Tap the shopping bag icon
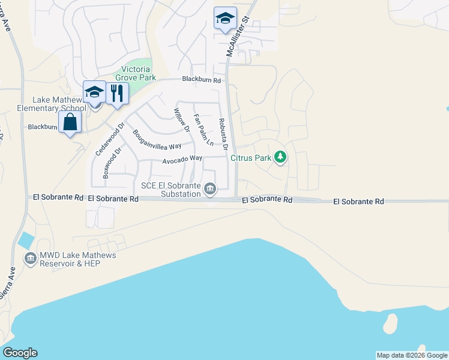(70, 122)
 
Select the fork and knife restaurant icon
(117, 93)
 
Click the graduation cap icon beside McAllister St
(225, 18)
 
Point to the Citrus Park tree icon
(280, 157)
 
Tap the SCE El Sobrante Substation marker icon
(210, 190)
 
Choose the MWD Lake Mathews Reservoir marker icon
(30, 259)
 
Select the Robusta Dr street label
(224, 133)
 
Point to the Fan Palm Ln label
(203, 130)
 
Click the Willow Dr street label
(181, 120)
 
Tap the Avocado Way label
(182, 158)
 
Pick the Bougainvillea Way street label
(157, 140)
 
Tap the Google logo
(20, 353)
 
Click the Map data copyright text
(411, 355)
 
